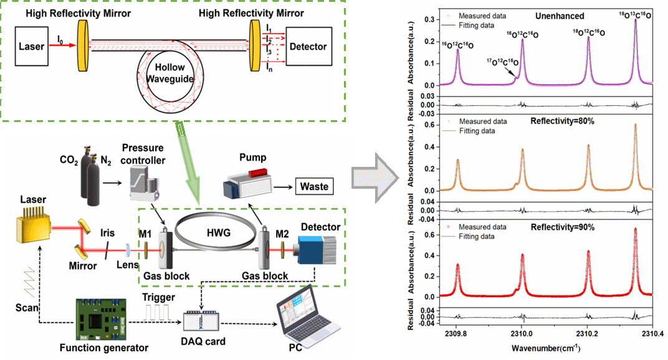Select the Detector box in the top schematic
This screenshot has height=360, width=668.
pos(308,46)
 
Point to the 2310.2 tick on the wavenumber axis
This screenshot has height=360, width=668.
pos(588,333)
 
